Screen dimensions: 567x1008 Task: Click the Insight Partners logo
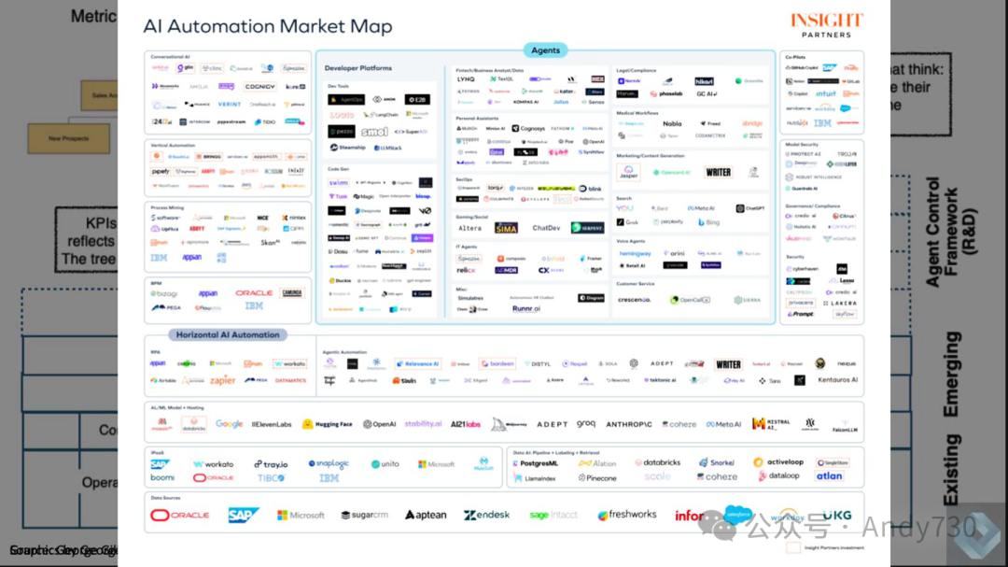coord(826,24)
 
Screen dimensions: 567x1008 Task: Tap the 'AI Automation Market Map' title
coord(267,26)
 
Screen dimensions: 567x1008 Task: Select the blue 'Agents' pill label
coord(545,50)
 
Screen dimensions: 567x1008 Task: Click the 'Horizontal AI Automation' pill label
coord(229,334)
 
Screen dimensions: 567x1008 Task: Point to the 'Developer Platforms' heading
coord(358,68)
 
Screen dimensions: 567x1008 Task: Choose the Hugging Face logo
coord(328,424)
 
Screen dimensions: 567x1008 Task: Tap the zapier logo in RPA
coord(222,380)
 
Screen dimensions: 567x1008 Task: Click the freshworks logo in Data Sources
coord(627,515)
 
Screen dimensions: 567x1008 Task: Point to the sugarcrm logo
coord(365,515)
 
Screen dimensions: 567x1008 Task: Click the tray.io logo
coord(271,464)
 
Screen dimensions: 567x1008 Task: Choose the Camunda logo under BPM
coord(292,292)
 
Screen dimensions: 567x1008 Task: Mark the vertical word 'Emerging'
coord(951,374)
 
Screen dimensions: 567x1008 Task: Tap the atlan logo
coord(828,476)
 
